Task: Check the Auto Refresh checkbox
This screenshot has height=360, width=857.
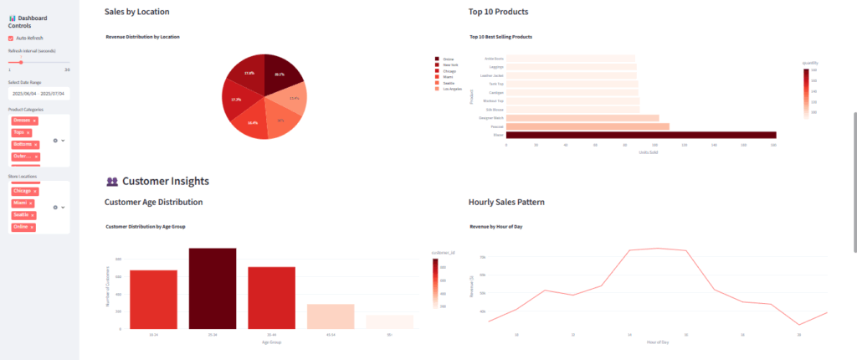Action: coord(11,38)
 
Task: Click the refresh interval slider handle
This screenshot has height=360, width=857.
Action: coord(21,62)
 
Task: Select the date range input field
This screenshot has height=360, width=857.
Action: coord(38,93)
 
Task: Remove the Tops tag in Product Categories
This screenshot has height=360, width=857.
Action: coord(28,132)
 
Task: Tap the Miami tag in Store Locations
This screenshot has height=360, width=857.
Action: coord(19,203)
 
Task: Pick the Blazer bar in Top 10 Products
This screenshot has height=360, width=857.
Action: coord(640,135)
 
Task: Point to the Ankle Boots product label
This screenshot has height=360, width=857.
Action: coord(494,59)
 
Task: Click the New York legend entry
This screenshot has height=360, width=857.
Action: coord(449,64)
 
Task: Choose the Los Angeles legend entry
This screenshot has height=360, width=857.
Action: coord(451,88)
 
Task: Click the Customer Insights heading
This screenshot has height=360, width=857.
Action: coord(165,181)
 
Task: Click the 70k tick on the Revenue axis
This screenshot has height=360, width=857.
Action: coord(483,257)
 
